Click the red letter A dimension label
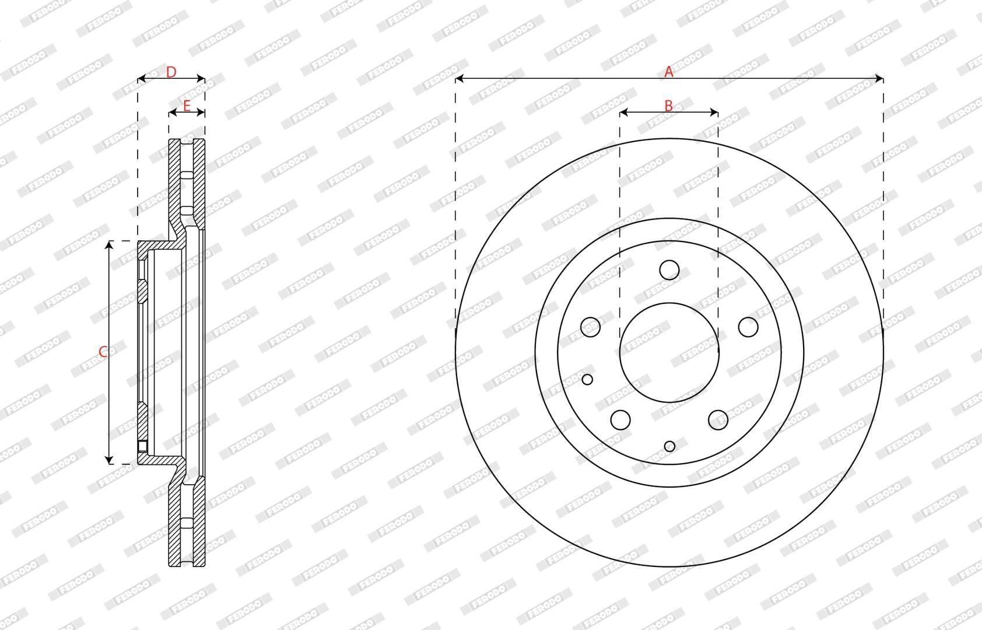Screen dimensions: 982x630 point(668,72)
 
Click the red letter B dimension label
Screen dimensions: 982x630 point(668,106)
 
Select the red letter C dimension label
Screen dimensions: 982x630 point(103,352)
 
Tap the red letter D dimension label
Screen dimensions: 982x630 point(171,72)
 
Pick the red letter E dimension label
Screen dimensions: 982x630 point(187,106)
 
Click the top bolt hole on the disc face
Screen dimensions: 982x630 point(669,269)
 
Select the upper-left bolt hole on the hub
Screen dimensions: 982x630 point(590,327)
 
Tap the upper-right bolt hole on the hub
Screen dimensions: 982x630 point(748,327)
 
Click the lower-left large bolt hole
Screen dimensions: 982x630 point(620,419)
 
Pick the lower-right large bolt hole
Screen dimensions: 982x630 point(718,419)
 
